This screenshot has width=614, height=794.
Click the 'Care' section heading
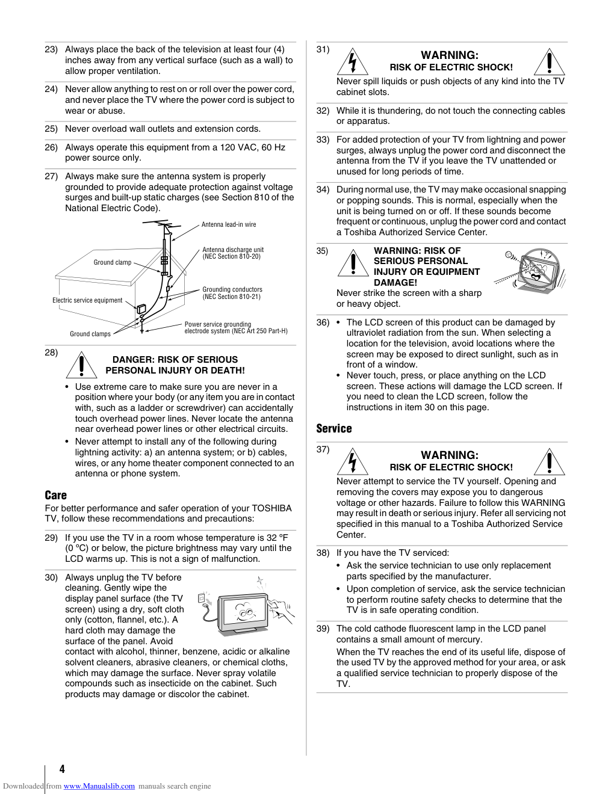56,495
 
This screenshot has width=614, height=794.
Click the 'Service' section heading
334,428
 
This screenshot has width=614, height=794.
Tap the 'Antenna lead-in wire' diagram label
229,224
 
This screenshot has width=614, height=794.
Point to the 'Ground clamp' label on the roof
113,262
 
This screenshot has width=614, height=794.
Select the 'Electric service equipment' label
87,300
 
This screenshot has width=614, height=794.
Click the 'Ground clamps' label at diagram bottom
90,334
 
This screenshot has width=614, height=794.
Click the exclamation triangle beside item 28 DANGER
81,365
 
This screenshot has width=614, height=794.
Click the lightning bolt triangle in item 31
352,62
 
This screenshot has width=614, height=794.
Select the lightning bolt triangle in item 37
352,462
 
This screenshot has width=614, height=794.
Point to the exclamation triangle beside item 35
353,263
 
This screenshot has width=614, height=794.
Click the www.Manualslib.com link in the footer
99,786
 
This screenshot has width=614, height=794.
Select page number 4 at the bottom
62,769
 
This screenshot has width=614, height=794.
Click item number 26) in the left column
51,147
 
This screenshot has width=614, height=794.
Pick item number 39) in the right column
323,629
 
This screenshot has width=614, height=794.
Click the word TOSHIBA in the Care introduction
271,508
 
